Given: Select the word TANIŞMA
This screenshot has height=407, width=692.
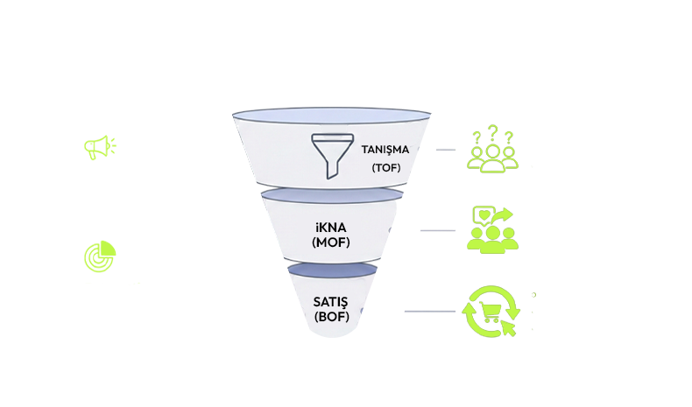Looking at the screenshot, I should click(385, 149).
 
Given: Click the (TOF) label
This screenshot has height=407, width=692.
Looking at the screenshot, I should click(385, 167).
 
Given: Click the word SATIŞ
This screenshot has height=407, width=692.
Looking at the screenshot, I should click(331, 303).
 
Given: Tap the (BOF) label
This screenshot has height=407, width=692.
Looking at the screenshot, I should click(331, 318).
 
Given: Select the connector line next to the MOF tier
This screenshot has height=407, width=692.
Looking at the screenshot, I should click(437, 230).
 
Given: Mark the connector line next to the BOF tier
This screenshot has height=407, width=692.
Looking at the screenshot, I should click(429, 312).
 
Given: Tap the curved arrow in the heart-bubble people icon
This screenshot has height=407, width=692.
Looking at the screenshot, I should click(505, 215).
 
